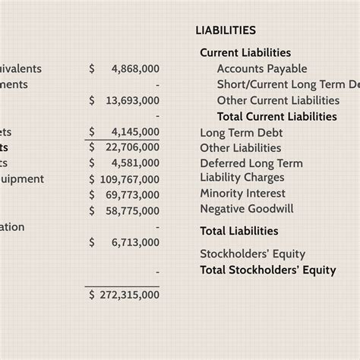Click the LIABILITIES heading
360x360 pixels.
226,30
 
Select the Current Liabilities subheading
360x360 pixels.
245,52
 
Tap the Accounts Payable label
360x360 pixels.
262,68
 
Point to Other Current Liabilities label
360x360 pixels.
278,100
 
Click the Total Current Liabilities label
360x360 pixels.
276,116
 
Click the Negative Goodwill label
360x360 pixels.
247,208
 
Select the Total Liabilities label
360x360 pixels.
239,231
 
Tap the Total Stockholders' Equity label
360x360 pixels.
267,270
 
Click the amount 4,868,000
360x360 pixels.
134,68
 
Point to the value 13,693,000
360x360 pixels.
131,100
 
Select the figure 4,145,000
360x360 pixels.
134,132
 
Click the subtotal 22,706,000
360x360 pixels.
131,147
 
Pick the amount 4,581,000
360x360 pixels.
134,163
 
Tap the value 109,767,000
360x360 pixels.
129,179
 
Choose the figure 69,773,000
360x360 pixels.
131,195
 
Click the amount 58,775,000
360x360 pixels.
131,211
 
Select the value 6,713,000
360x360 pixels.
134,242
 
